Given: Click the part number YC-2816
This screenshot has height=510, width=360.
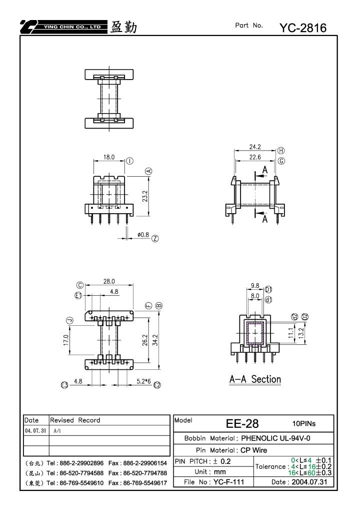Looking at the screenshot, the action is (x=303, y=28).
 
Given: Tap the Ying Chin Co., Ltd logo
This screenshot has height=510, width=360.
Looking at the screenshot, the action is (x=63, y=27).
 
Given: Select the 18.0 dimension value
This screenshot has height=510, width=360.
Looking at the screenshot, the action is (x=109, y=157).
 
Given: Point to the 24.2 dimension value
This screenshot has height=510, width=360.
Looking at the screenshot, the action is (x=255, y=147).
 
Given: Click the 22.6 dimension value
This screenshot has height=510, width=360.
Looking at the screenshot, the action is (x=255, y=157).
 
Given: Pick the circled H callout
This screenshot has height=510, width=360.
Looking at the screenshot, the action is (x=281, y=150).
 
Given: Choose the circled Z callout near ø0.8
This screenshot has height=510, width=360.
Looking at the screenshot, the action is (x=155, y=238).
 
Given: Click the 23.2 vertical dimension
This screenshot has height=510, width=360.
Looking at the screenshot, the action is (x=145, y=196).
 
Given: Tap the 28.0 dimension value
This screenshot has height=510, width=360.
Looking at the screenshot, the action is (x=109, y=281).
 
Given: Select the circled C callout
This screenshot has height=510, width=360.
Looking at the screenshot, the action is (x=80, y=285).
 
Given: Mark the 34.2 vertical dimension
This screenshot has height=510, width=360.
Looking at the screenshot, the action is (x=155, y=340).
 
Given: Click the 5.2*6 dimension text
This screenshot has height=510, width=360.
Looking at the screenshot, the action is (x=143, y=381).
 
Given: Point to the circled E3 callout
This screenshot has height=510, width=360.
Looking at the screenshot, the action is (x=64, y=385).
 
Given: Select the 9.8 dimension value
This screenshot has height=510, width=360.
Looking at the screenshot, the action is (x=255, y=286).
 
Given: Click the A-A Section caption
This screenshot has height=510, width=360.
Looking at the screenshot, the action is (x=255, y=379).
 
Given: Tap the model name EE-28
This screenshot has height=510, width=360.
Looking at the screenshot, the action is (x=242, y=423).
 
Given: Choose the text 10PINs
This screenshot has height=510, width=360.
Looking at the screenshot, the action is (x=304, y=423).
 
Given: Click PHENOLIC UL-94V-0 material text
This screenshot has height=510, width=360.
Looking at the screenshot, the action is (x=275, y=438).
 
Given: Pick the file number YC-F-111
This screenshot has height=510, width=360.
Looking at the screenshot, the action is (x=228, y=481).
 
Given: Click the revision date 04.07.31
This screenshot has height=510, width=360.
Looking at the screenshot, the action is (x=35, y=430).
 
